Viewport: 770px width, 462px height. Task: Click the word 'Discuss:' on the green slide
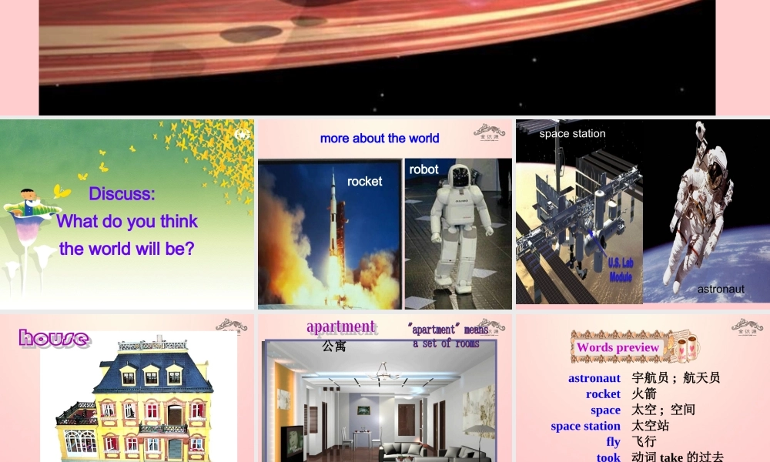[x=122, y=194]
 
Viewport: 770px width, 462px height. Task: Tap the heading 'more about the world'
[x=380, y=139]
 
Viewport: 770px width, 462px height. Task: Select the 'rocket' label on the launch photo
[x=364, y=182]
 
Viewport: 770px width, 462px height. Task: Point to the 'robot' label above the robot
[x=424, y=169]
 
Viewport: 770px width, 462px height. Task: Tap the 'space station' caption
[x=572, y=134]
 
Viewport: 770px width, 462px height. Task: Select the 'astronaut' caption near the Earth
[x=721, y=290]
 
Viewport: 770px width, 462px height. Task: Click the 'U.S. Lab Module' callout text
[x=621, y=269]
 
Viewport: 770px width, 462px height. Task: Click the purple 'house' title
[x=54, y=338]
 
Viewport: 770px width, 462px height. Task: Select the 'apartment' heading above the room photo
[x=340, y=326]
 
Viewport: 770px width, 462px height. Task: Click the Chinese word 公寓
[x=334, y=346]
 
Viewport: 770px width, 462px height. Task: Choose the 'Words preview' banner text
[x=618, y=347]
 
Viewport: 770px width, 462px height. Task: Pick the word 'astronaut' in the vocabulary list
[x=594, y=378]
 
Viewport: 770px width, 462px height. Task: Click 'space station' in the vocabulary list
[x=585, y=426]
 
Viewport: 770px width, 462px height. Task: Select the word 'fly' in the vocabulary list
[x=613, y=442]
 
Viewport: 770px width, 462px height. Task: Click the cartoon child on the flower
[x=31, y=202]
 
